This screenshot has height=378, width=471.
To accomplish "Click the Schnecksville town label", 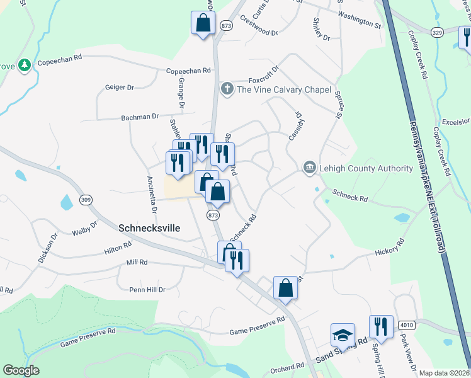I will tap(149, 228).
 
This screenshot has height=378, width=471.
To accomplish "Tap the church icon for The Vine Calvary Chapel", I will tap(227, 89).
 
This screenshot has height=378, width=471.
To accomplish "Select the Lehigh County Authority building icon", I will tap(309, 168).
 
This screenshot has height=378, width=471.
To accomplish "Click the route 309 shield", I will tap(86, 200).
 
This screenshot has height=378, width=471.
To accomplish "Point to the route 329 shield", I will tap(438, 31).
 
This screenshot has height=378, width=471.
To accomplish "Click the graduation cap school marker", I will tap(343, 335).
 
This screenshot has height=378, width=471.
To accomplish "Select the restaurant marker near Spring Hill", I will tap(381, 326).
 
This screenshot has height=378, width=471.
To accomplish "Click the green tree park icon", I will tap(25, 65).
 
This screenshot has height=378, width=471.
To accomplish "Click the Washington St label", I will tap(360, 21).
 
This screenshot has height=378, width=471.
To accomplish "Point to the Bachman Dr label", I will tap(140, 117).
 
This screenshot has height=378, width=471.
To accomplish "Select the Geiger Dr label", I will tap(120, 88).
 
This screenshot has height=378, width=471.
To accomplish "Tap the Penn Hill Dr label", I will tap(147, 290).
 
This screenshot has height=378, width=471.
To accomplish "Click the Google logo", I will tap(21, 370).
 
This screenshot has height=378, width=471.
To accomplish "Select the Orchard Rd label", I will tap(289, 367).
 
